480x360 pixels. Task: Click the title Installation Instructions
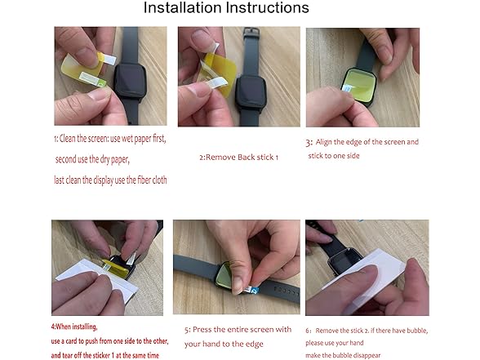[226, 9]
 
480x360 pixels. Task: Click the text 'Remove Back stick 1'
[238, 157]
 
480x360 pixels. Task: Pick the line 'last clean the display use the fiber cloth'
[111, 180]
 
